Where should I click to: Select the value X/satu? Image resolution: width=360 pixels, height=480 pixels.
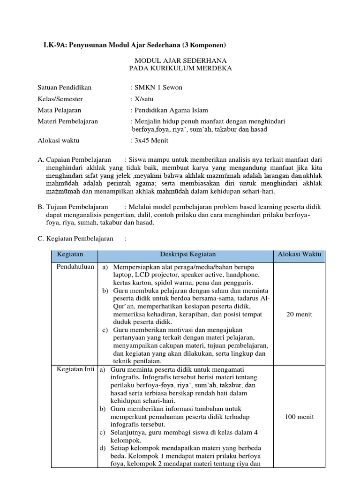pos(144,99)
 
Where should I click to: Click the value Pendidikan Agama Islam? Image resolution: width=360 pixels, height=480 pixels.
pos(171,110)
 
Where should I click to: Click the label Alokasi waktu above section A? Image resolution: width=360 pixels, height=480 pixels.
pos(59,140)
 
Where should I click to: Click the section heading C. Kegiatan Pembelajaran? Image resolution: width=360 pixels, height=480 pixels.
pos(75,239)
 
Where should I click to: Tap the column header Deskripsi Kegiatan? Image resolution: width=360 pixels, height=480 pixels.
pos(186,255)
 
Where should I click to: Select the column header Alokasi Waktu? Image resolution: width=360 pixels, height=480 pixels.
pos(299,255)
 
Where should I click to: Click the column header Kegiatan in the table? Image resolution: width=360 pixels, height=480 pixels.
pos(70,255)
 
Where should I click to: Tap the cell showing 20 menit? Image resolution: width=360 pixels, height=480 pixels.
pos(299,314)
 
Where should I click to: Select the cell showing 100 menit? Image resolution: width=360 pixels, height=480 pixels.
pos(299,417)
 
